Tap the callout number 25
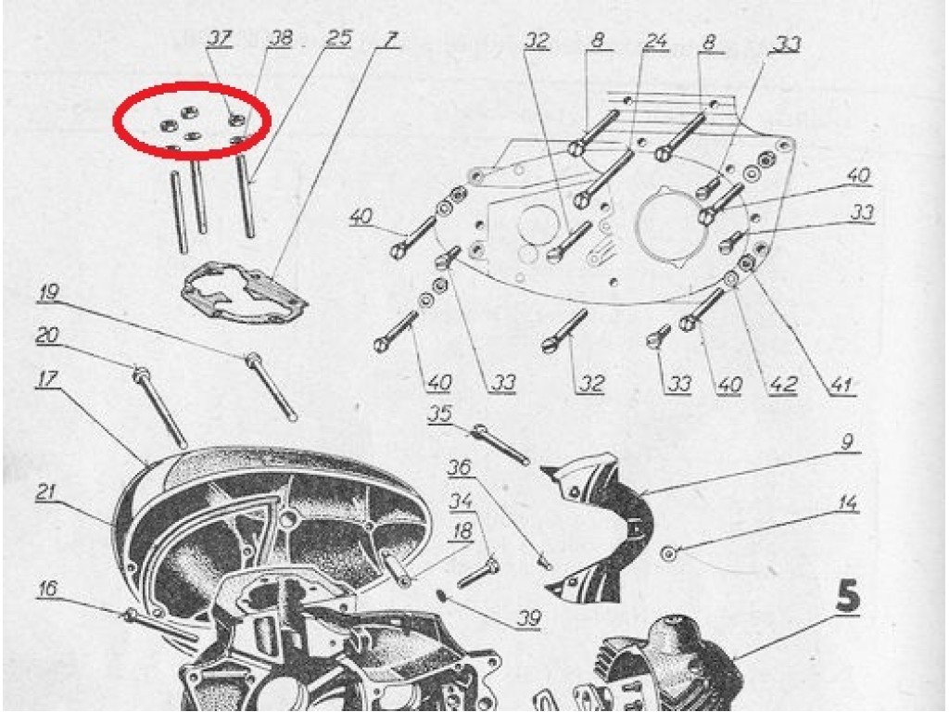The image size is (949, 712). coord(338,38)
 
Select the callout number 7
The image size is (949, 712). coord(390,39)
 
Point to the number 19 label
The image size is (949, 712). coord(48,293)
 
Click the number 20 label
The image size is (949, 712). coord(47,335)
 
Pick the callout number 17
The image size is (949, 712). coord(46,379)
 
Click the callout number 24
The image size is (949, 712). coord(655,41)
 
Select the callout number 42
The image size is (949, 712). coord(782,385)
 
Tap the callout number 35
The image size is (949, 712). coord(440,413)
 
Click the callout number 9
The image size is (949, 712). coord(847,442)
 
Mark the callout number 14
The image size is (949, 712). coord(848,503)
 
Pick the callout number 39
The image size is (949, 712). coord(528,618)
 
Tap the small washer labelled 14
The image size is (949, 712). coord(669,553)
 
